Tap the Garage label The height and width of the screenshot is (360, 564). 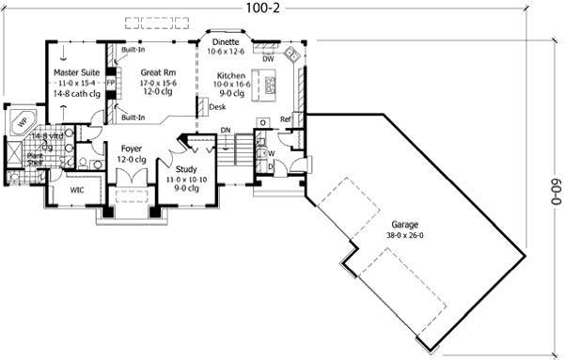pyautogui.click(x=406, y=225)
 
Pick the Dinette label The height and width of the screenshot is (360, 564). pyautogui.click(x=224, y=42)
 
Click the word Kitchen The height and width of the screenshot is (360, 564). pyautogui.click(x=232, y=74)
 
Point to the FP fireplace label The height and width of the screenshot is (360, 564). pyautogui.click(x=111, y=83)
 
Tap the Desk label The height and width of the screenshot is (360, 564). pyautogui.click(x=217, y=107)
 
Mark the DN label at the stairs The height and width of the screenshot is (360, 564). pyautogui.click(x=226, y=131)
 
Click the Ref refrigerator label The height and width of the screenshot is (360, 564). pyautogui.click(x=285, y=119)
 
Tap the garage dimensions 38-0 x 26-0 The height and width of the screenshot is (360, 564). pyautogui.click(x=406, y=235)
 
